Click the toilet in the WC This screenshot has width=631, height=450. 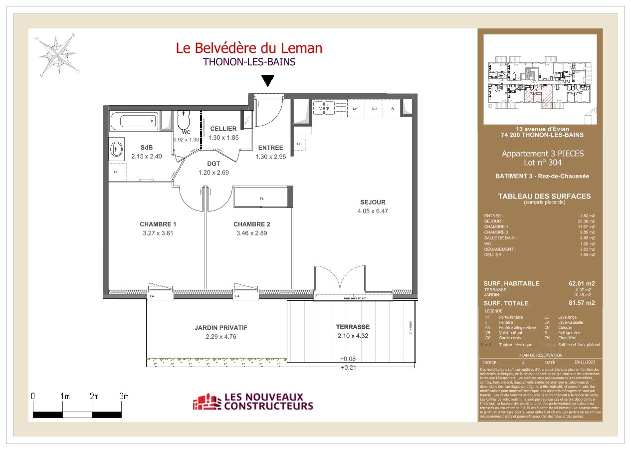(x=184, y=120)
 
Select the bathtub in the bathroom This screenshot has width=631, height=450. (x=134, y=121)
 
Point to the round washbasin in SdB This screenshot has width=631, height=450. (x=116, y=148)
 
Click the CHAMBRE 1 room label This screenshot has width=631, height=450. (x=158, y=224)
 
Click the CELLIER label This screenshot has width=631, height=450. (x=223, y=129)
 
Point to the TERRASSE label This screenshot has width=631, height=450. (x=353, y=327)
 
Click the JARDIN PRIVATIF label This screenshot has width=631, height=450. (x=220, y=328)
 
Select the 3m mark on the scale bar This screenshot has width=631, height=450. (x=123, y=396)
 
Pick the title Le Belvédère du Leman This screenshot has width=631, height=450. (x=249, y=48)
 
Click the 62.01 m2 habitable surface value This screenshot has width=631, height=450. (x=582, y=283)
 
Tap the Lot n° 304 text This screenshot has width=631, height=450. (x=542, y=163)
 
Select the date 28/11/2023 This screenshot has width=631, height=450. (x=585, y=362)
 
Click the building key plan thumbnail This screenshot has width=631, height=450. (x=540, y=79)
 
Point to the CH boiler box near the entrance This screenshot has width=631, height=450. (x=299, y=144)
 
